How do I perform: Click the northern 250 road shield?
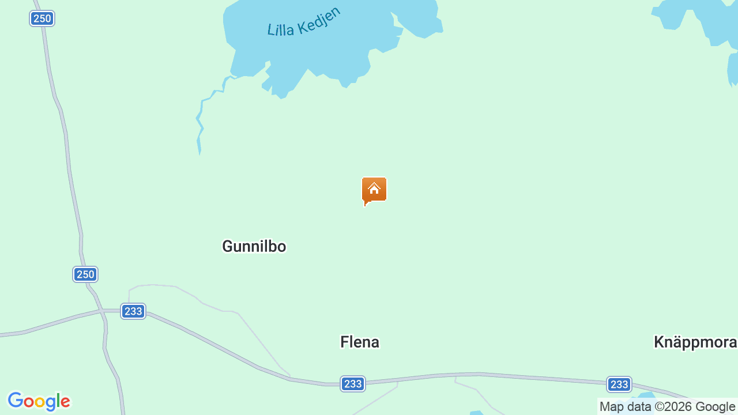pos(42,18)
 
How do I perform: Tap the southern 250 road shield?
pos(85,274)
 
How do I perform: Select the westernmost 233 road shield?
pos(133,311)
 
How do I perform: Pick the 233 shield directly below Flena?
pos(352,384)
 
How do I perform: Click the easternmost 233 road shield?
pos(619,384)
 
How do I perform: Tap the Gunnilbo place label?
pos(254,247)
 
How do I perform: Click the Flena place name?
pos(360,342)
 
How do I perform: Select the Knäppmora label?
pos(695,342)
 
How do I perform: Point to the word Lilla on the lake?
pos(281,29)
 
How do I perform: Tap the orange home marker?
pos(374,190)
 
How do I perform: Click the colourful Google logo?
pos(39,401)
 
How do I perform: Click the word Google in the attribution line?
pos(715,407)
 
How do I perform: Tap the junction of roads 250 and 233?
pos(103,312)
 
